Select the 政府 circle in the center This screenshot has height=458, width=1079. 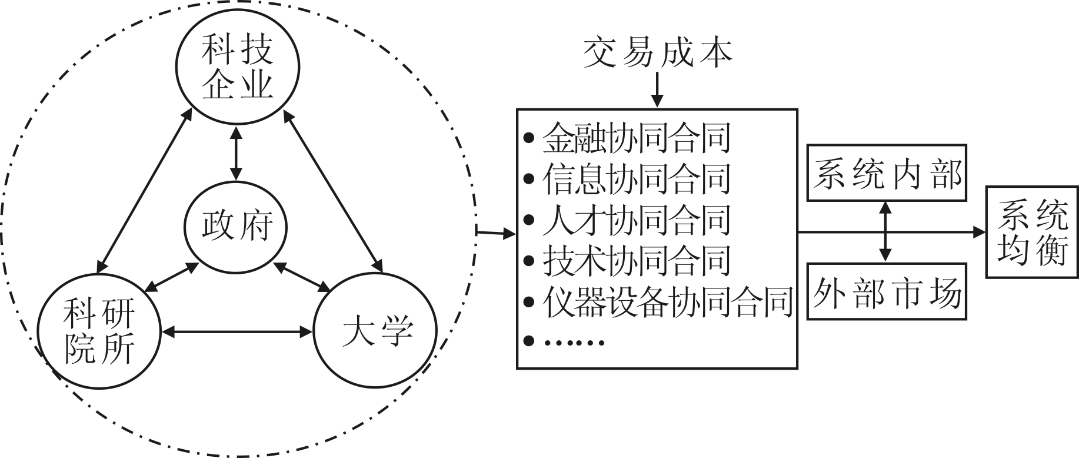[x=237, y=227]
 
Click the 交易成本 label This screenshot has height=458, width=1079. [x=657, y=54]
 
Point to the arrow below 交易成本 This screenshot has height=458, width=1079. [x=657, y=91]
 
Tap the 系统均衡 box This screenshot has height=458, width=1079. [x=1032, y=232]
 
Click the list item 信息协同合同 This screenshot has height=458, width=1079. [x=636, y=179]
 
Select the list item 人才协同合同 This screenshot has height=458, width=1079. [x=636, y=220]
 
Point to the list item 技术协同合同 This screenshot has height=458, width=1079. [x=636, y=260]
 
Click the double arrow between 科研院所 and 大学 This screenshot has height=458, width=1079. [x=237, y=333]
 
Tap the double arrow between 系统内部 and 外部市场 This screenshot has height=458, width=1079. [x=885, y=231]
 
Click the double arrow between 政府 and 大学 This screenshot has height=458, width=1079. [x=302, y=277]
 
